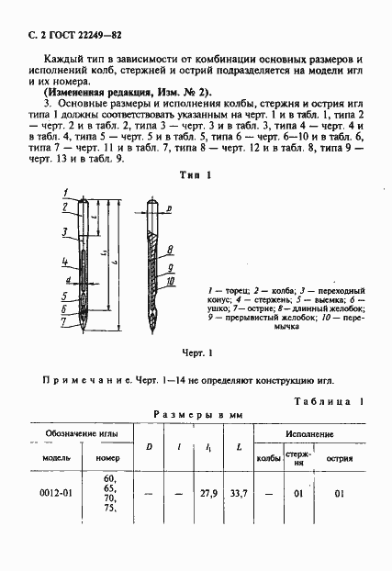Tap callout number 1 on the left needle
click(x=67, y=192)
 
